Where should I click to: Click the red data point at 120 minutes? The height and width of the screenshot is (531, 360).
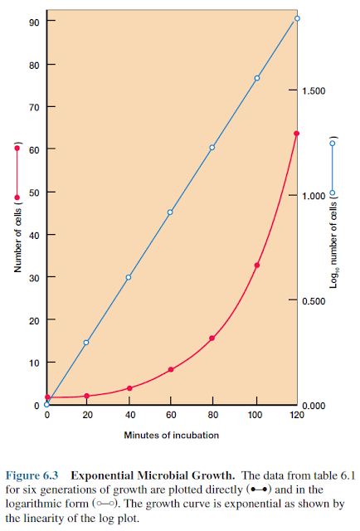point(296,133)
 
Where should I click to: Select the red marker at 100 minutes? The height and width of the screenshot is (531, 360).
point(257,265)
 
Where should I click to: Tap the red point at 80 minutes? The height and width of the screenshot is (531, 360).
point(212,338)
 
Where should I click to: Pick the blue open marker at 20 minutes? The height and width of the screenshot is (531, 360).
point(86,342)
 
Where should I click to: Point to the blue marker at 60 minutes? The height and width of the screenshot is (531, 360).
point(170,212)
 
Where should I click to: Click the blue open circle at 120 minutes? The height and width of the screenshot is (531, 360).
point(297,18)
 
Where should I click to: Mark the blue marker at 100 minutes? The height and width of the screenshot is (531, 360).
point(257,78)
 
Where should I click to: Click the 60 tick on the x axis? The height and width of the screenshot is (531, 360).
point(170,414)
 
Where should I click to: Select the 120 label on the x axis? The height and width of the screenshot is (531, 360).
point(296,414)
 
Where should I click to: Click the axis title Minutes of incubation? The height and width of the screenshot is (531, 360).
point(172,435)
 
